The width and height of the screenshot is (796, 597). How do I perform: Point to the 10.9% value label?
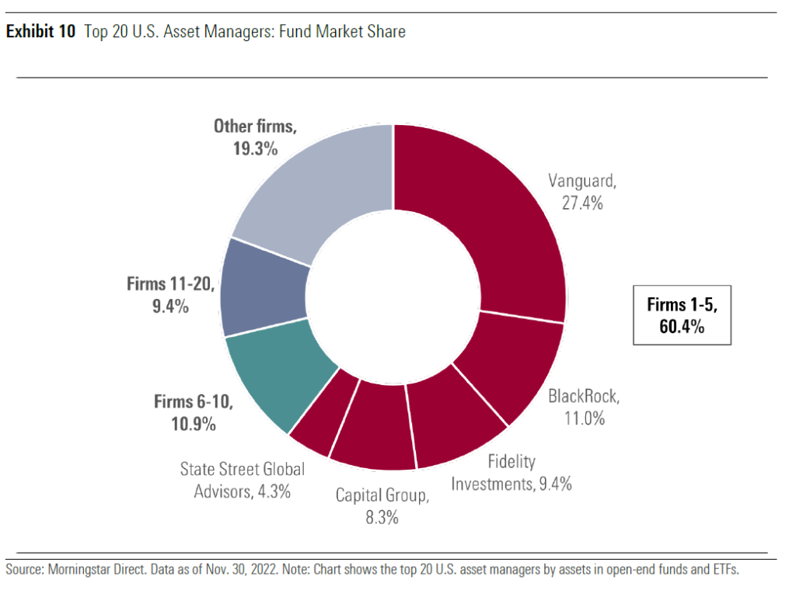(195, 424)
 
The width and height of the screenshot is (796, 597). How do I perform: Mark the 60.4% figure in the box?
(682, 327)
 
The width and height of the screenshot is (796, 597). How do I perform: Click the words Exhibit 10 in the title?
(40, 33)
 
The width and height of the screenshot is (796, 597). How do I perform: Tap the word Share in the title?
(386, 33)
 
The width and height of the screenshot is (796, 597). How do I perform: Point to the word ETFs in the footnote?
(723, 570)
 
